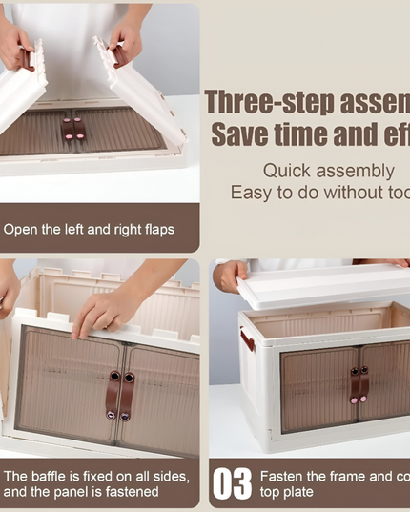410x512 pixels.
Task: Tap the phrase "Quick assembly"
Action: (328, 171)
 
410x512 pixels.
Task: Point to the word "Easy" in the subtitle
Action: (250, 193)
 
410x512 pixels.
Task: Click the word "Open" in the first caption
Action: (21, 230)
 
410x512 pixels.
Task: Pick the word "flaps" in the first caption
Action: (156, 230)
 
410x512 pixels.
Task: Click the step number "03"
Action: (232, 483)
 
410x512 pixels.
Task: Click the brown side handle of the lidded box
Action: (247, 338)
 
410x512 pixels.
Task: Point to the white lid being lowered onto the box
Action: (324, 287)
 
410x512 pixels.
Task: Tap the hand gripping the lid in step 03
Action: (231, 276)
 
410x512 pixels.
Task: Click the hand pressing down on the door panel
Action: (105, 309)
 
